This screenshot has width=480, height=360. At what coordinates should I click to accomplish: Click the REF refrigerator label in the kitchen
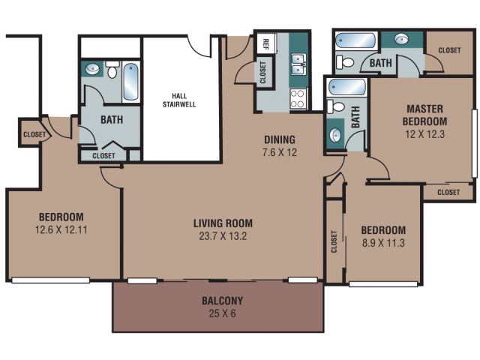[x=265, y=44]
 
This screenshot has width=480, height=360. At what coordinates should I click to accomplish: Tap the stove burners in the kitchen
[x=298, y=98]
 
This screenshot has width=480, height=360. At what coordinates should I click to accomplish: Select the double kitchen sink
[x=298, y=64]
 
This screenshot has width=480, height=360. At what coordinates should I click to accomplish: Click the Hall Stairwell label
[x=179, y=100]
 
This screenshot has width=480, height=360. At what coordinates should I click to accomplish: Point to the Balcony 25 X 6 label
[x=222, y=307]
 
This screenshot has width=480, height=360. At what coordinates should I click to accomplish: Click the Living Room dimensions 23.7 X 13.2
[x=223, y=236]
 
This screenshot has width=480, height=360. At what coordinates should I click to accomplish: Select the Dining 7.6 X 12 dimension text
[x=280, y=152]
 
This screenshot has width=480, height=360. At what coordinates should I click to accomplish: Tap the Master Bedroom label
[x=424, y=115]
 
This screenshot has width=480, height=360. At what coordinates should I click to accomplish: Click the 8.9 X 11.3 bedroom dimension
[x=383, y=243]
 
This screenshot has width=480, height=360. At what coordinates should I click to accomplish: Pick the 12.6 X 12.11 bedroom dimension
[x=61, y=229]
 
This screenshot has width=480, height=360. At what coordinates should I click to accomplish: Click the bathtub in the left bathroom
[x=130, y=82]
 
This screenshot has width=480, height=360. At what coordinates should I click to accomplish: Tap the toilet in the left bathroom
[x=112, y=69]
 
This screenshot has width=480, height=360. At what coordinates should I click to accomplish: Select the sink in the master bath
[x=401, y=39]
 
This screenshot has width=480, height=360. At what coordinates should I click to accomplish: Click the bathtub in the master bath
[x=355, y=40]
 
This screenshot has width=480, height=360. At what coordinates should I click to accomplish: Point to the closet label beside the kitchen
[x=262, y=73]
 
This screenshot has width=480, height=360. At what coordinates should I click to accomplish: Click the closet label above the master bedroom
[x=449, y=50]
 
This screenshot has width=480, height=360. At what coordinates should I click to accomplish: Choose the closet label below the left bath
[x=103, y=156]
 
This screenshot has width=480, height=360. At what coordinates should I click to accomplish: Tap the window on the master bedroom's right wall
[x=475, y=143]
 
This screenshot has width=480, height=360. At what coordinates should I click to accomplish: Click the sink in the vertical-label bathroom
[x=335, y=135]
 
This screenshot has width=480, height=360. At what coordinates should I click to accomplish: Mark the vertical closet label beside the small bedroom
[x=334, y=241]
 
